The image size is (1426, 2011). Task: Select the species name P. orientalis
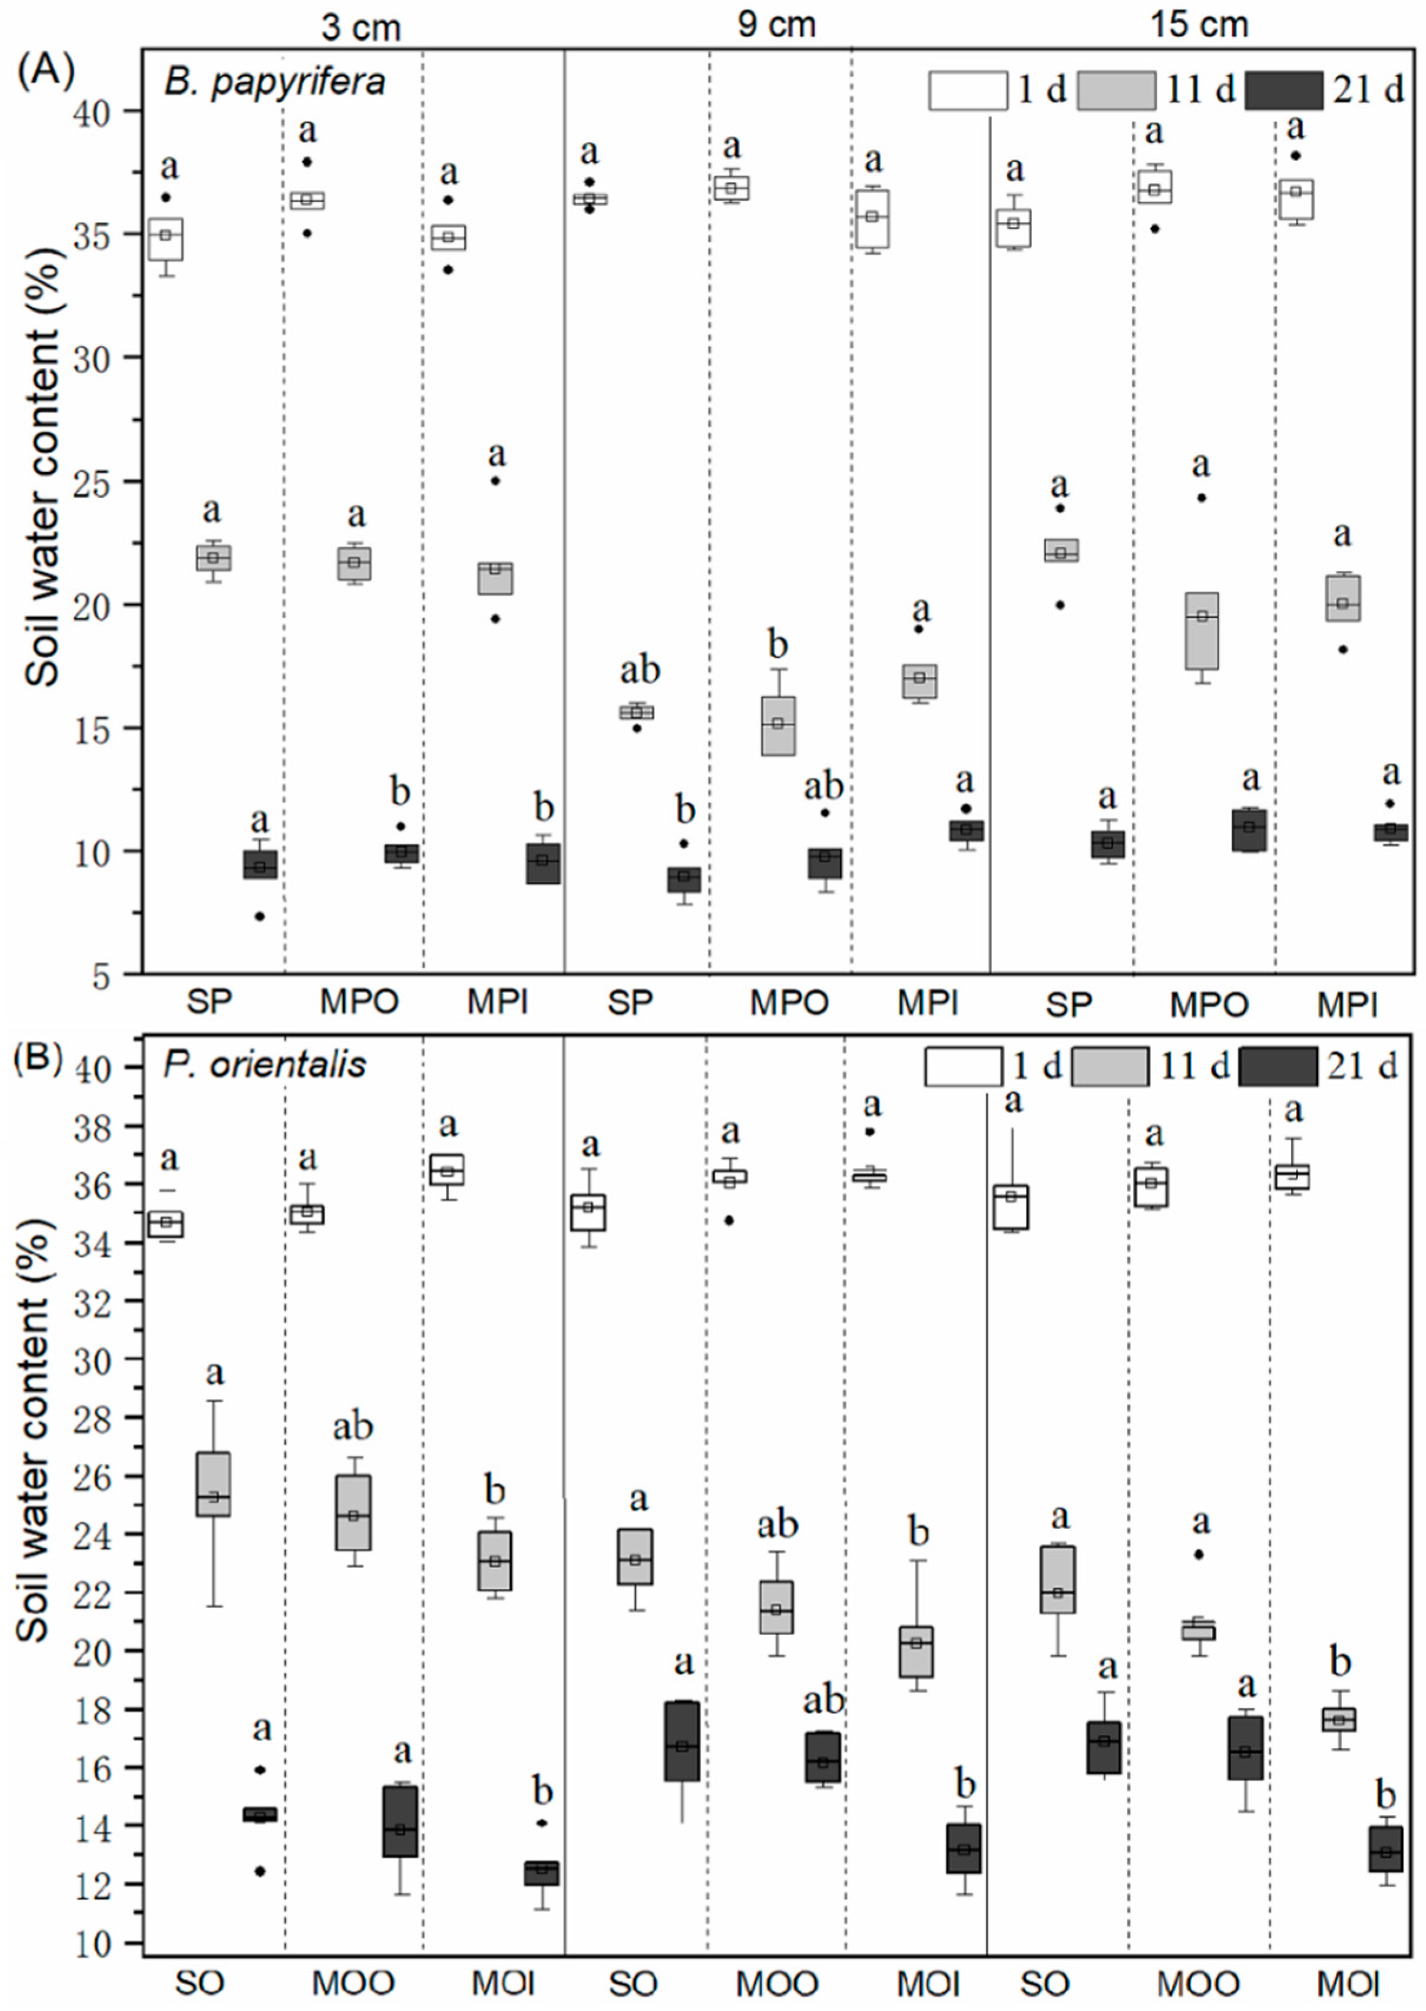pos(264,1064)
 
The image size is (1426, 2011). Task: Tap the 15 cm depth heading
pos(1199,24)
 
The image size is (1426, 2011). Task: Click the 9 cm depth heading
pos(776,24)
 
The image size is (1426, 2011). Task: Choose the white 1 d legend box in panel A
pos(968,91)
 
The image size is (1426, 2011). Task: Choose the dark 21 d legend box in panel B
pos(1278,1067)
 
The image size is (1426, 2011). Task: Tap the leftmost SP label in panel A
pos(209,1002)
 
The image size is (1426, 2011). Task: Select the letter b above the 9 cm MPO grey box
pos(778,646)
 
